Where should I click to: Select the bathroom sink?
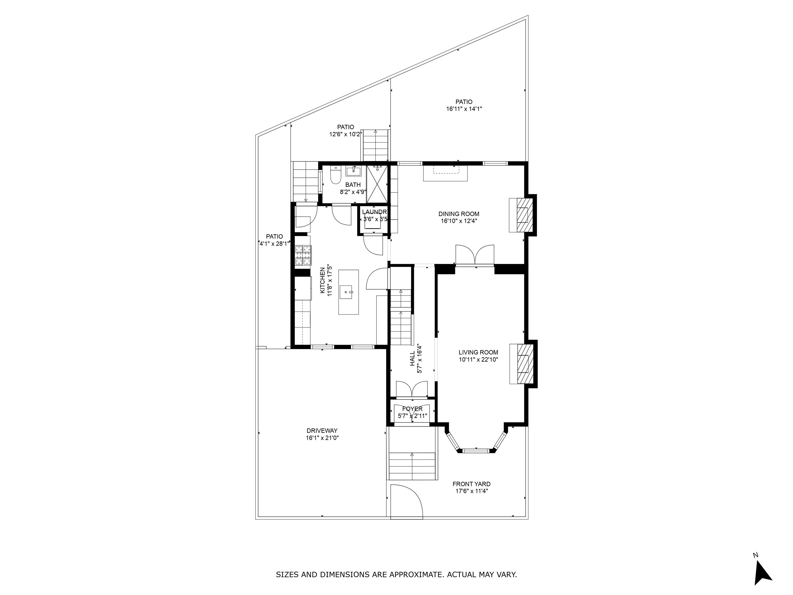pyautogui.click(x=353, y=171)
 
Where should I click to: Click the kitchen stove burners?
pyautogui.click(x=303, y=255)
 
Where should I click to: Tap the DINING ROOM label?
pyautogui.click(x=459, y=214)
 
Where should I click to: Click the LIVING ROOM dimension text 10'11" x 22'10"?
pyautogui.click(x=479, y=360)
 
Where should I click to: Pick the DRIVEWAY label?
pyautogui.click(x=322, y=431)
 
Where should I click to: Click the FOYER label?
pyautogui.click(x=412, y=409)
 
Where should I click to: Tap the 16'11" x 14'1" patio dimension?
pyautogui.click(x=464, y=109)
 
